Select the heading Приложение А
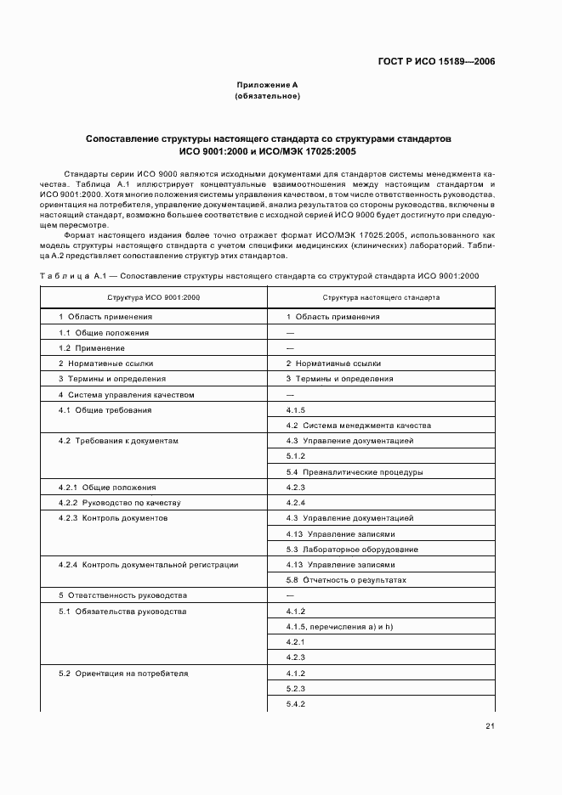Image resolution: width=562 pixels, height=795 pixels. tap(267, 85)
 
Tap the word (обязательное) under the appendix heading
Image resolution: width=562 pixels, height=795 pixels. tap(267, 96)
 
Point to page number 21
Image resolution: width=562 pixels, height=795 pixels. tap(491, 725)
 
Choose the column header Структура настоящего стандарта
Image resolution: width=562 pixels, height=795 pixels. tap(381, 298)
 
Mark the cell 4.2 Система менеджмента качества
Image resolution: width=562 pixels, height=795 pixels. tap(359, 426)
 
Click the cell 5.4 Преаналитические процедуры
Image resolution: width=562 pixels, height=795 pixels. tap(355, 471)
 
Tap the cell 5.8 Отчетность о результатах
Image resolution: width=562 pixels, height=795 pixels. tap(347, 580)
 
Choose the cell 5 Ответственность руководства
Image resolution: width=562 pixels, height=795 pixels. tap(123, 595)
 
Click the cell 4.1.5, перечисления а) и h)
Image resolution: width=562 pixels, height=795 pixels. tap(343, 627)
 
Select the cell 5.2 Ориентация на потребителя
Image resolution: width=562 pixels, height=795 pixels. tap(123, 673)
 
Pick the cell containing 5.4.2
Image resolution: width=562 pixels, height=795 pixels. tap(296, 704)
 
